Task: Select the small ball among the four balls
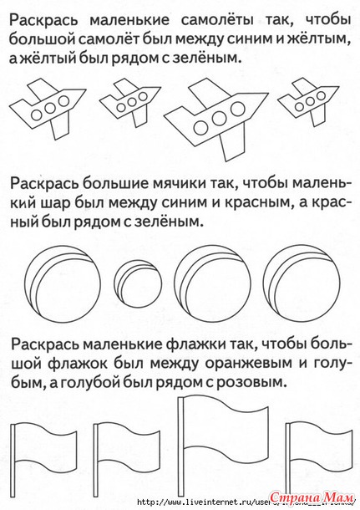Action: tap(138, 283)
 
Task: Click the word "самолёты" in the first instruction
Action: tap(217, 21)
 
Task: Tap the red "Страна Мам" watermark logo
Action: tap(312, 498)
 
